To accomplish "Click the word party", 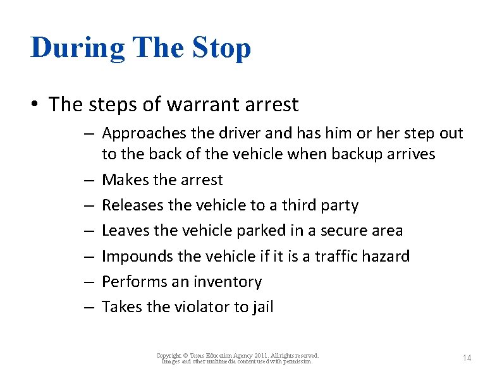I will pyautogui.click(x=340, y=206).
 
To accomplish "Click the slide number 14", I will pyautogui.click(x=467, y=358).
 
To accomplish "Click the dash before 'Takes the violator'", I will pyautogui.click(x=89, y=307).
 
